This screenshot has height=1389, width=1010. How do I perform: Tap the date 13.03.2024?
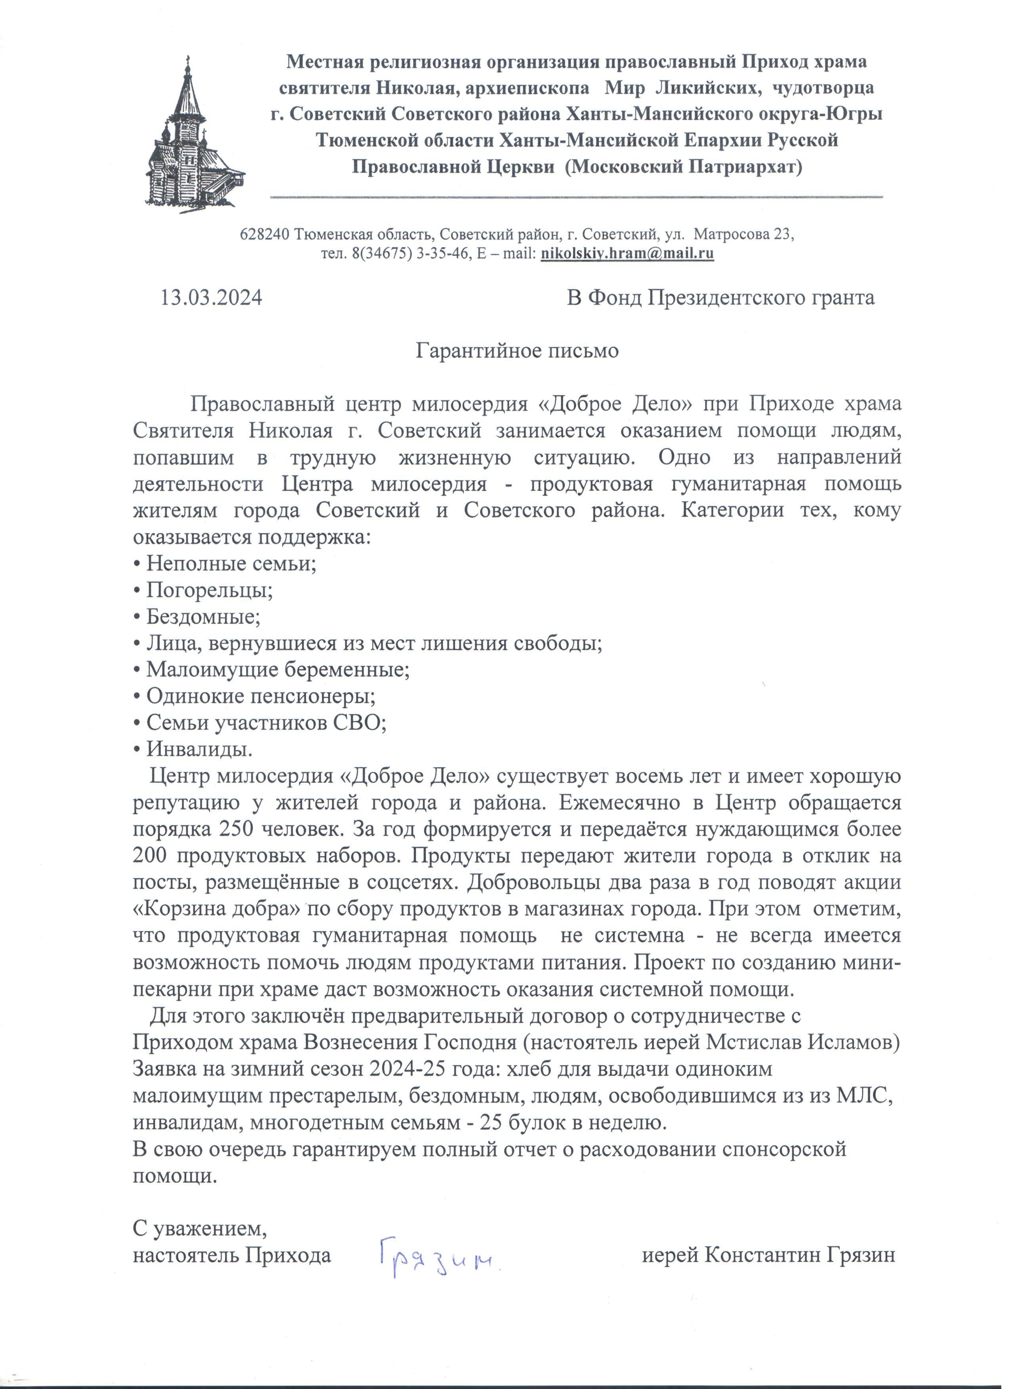click(x=212, y=298)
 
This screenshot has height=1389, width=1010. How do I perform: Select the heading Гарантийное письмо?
click(x=517, y=351)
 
